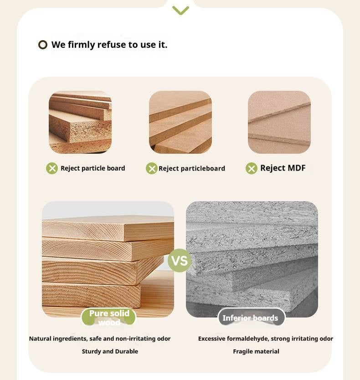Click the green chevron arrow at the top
pyautogui.click(x=180, y=10)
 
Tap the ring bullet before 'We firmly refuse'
pyautogui.click(x=43, y=45)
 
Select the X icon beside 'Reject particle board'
pyautogui.click(x=52, y=168)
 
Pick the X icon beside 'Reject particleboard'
pyautogui.click(x=151, y=169)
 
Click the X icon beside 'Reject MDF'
pyautogui.click(x=252, y=169)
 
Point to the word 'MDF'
pyautogui.click(x=296, y=168)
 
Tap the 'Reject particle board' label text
pyautogui.click(x=93, y=168)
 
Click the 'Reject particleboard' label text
pyautogui.click(x=192, y=169)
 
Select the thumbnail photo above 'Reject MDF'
pyautogui.click(x=279, y=122)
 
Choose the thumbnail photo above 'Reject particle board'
pyautogui.click(x=80, y=122)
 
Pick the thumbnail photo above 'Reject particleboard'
pyautogui.click(x=180, y=122)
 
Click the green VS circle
pyautogui.click(x=180, y=260)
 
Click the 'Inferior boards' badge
pyautogui.click(x=251, y=318)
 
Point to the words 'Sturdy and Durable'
pyautogui.click(x=110, y=352)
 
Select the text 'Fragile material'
pyautogui.click(x=256, y=352)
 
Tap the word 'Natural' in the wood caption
pyautogui.click(x=41, y=339)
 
